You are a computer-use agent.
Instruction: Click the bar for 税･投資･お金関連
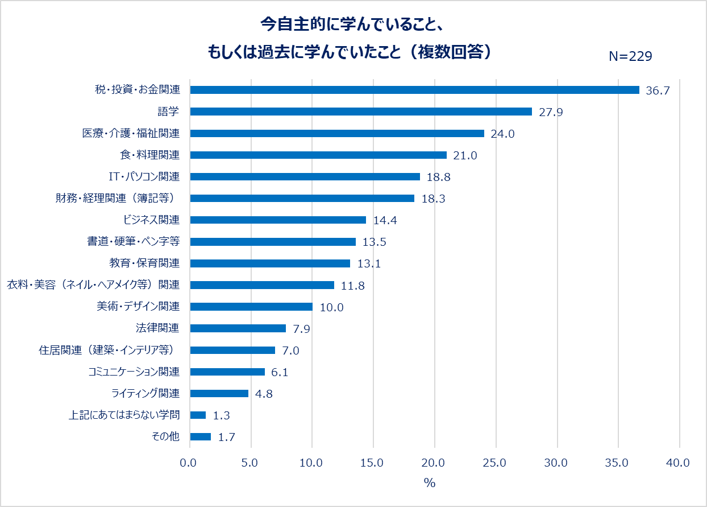pos(414,90)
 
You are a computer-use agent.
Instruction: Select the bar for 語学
pos(361,112)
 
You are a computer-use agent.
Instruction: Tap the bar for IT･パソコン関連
pos(305,176)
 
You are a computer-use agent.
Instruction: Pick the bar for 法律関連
pos(238,328)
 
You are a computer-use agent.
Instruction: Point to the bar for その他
pos(200,437)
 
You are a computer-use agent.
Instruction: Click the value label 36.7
pos(658,90)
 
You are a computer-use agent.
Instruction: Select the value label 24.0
pos(503,134)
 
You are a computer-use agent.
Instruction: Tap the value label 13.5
pos(374,242)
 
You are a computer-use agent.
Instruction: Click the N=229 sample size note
pos(630,56)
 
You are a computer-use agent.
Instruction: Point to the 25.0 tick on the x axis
pos(496,463)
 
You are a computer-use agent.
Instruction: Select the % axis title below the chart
pos(430,483)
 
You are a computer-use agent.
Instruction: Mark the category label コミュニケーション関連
pos(134,372)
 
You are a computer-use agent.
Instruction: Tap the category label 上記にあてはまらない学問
pos(124,415)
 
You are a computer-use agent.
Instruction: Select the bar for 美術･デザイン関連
pos(251,307)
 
